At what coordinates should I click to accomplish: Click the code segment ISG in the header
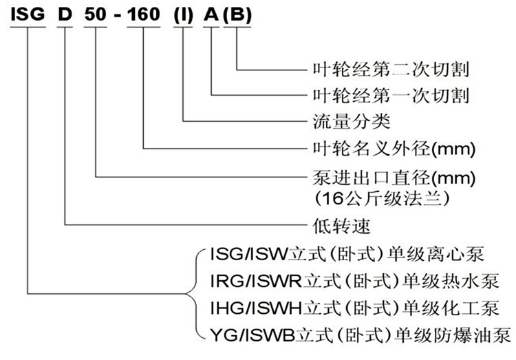pos(28,15)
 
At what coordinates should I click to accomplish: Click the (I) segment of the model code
pos(184,15)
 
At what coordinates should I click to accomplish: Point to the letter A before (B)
pos(212,15)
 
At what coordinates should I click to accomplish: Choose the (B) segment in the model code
pos(238,15)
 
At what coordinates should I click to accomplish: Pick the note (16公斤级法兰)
pos(380,198)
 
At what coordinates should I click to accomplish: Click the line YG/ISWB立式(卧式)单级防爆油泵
pos(357,335)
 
